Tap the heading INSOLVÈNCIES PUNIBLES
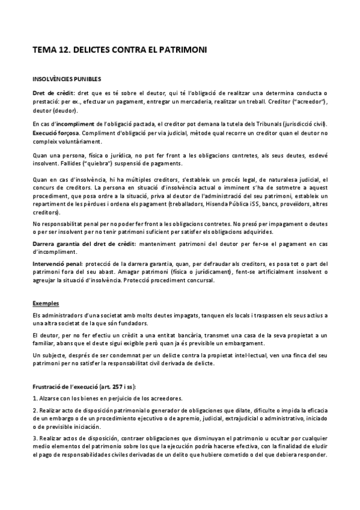[67, 79]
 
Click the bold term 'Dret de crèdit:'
[53, 93]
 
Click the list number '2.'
[35, 410]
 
